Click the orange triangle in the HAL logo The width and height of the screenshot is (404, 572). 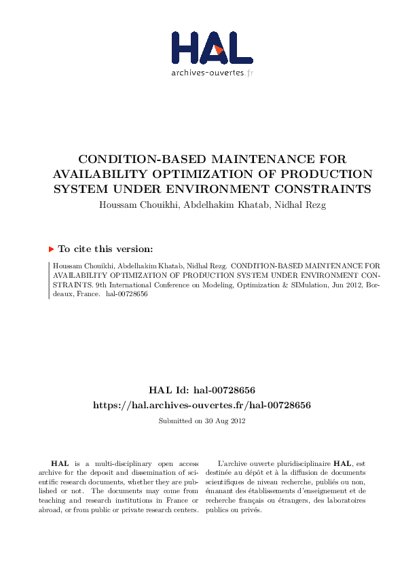(218, 50)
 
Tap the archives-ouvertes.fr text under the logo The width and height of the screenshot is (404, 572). (212, 72)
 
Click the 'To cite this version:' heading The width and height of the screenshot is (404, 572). (105, 249)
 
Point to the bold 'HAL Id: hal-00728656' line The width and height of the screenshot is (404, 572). (202, 390)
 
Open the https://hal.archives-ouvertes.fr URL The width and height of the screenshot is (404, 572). (202, 405)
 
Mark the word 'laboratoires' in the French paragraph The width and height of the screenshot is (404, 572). (344, 501)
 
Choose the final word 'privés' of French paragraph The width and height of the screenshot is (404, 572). (251, 510)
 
